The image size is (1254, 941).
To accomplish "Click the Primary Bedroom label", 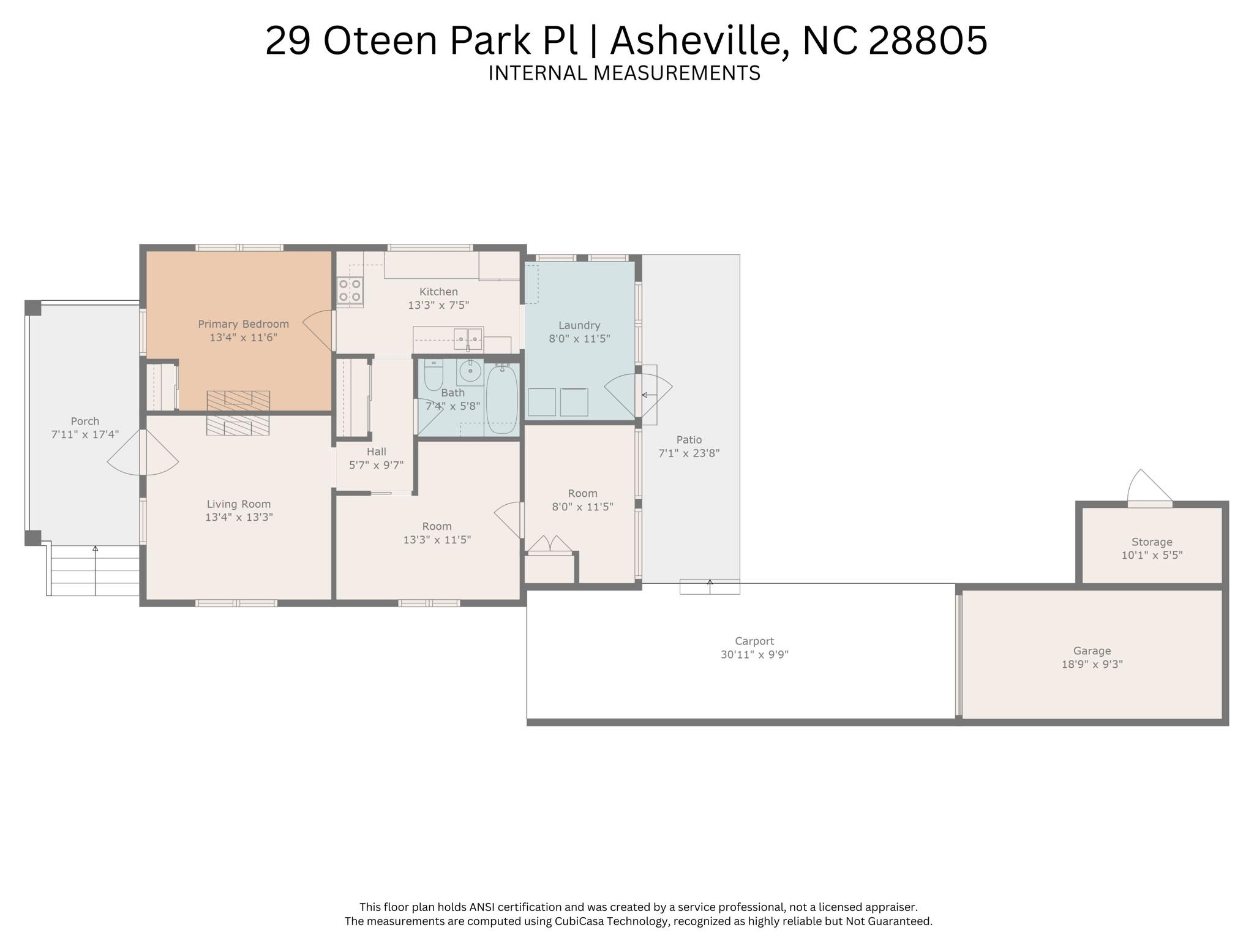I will (243, 324).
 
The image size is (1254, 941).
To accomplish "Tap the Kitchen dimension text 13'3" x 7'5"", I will (438, 305).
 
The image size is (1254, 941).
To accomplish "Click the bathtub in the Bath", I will (502, 399).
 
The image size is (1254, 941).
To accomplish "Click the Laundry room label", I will (579, 325).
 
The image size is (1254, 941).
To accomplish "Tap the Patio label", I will (689, 440).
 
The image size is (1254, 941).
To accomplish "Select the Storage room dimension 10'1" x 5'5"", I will (1152, 556).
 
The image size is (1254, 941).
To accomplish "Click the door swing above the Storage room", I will (1149, 488).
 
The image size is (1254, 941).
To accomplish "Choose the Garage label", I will (1092, 651).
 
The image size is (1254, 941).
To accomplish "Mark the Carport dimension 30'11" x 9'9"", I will (754, 654).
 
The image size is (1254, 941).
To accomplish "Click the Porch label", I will (84, 421).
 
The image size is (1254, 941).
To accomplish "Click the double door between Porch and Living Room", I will (142, 452).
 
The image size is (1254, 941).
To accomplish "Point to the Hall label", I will (376, 452).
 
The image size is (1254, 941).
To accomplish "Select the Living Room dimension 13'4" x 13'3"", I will (239, 518).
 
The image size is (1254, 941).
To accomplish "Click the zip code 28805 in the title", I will (928, 40).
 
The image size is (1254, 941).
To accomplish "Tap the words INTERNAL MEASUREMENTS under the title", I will (624, 73).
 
